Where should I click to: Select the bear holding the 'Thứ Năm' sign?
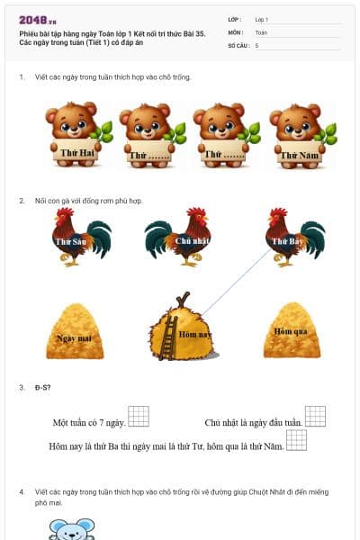pos(298,133)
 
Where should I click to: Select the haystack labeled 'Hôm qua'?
pos(291,331)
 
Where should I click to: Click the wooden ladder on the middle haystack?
pos(167,337)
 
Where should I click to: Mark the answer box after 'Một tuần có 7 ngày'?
pos(138,416)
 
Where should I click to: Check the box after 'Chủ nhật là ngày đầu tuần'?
pos(315,416)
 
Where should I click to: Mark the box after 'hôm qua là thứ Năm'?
pos(296,440)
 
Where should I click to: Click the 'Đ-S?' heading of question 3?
pos(42,387)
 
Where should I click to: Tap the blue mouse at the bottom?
pos(72,529)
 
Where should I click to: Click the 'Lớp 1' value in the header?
pos(262,19)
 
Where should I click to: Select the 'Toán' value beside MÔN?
pos(261,31)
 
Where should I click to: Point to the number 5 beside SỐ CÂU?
pos(257,44)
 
